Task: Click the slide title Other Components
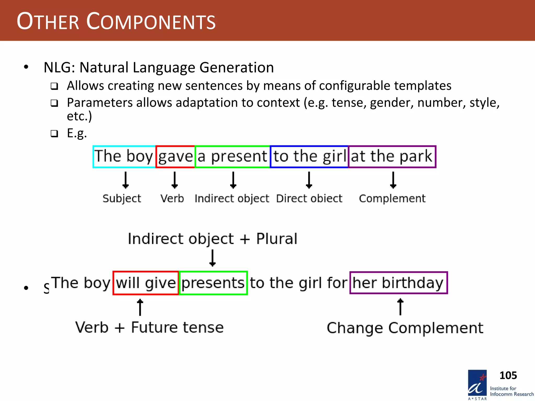click(116, 21)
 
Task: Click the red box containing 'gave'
click(175, 157)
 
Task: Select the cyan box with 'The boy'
click(124, 157)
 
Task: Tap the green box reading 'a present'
click(232, 157)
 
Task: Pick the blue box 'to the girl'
click(309, 157)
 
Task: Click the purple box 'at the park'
click(392, 157)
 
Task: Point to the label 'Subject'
click(122, 198)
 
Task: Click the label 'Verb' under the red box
click(172, 198)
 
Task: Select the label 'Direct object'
click(309, 198)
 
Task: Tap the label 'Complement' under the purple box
click(392, 198)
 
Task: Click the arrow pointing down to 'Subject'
click(126, 180)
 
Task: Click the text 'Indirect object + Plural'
click(212, 239)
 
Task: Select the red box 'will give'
click(146, 283)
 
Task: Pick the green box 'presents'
click(213, 283)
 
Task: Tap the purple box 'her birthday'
click(398, 283)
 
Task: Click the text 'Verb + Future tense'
click(149, 327)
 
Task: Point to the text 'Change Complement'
click(405, 328)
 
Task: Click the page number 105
click(508, 375)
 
